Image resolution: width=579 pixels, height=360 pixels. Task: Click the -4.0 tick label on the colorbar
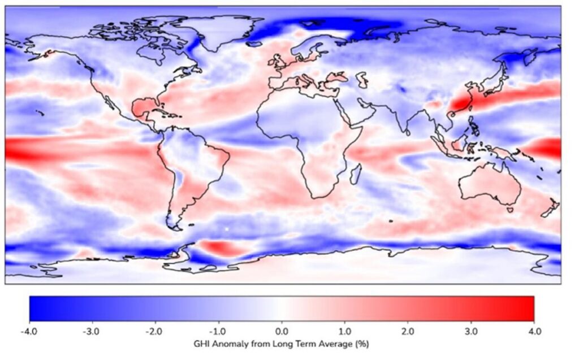(29, 329)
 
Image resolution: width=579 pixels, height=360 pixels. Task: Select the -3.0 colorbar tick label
(93, 329)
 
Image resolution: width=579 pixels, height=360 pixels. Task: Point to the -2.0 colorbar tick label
(155, 329)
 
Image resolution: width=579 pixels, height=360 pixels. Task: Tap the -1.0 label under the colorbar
(219, 329)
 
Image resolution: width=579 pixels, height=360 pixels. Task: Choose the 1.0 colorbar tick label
(345, 329)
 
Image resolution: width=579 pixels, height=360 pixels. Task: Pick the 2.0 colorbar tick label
(408, 329)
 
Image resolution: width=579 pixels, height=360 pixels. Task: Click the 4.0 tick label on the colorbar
(534, 329)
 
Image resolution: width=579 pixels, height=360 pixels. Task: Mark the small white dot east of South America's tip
(227, 229)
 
